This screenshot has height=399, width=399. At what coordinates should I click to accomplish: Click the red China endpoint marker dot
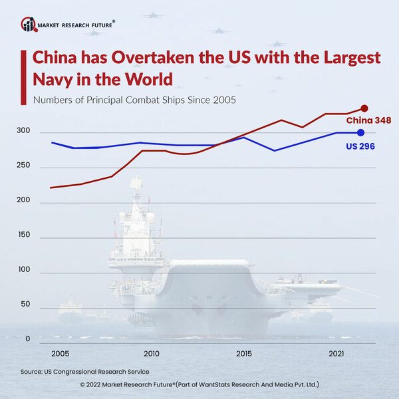point(364,108)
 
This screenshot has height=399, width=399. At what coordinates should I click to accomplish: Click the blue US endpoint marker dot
point(361,133)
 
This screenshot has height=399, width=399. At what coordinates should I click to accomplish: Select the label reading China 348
point(367,120)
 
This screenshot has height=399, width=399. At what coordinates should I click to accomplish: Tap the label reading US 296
point(360,145)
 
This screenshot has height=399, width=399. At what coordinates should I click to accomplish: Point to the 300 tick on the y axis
point(23,131)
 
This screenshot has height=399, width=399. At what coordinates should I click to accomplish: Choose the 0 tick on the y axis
point(28,339)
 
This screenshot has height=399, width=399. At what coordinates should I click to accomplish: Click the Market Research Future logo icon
point(29,25)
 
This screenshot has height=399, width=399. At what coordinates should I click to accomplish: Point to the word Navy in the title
point(53,80)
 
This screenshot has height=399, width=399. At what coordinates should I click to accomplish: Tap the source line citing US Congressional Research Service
point(84,372)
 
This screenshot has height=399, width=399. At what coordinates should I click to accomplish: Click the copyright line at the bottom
point(199,384)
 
